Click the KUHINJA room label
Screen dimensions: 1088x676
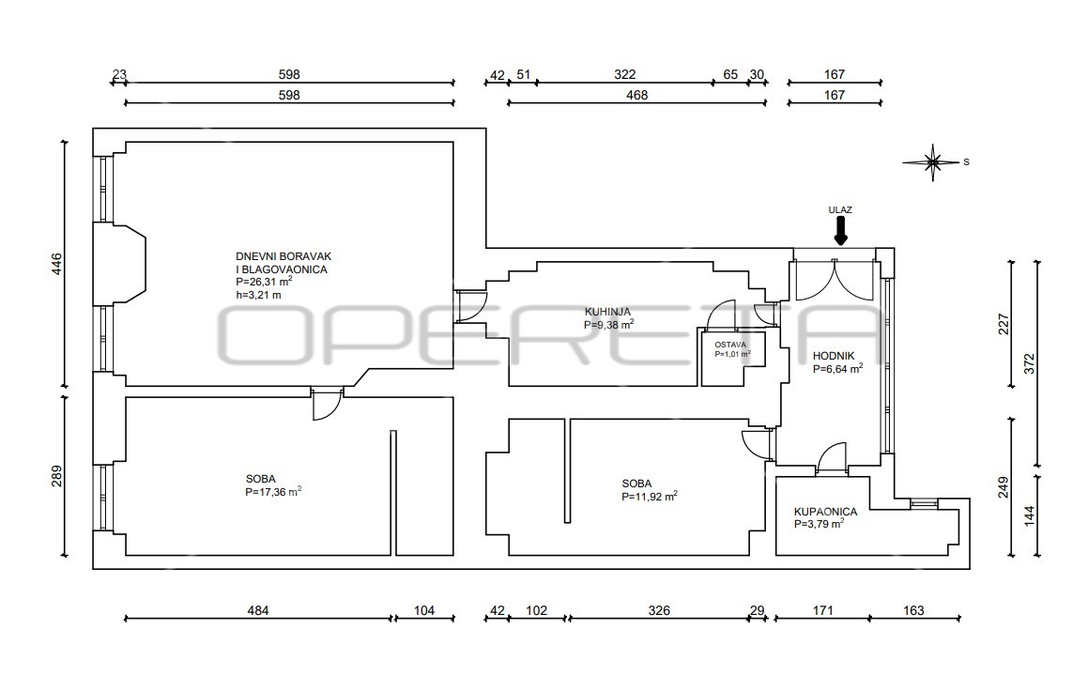(x=607, y=312)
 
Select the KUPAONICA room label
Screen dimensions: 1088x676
(x=825, y=512)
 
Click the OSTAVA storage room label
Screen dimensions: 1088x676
(x=730, y=345)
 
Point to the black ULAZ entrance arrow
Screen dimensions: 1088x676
(x=840, y=230)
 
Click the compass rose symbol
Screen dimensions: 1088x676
(x=932, y=162)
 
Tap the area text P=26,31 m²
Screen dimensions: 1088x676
(x=264, y=282)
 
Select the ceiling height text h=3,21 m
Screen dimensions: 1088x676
(x=258, y=295)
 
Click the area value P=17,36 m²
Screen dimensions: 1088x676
(x=273, y=491)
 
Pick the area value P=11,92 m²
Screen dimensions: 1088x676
(x=650, y=497)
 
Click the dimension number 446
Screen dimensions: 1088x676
(x=56, y=264)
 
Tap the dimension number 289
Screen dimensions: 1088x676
(x=56, y=476)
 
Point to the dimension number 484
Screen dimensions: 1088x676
(x=258, y=611)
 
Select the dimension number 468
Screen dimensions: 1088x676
(x=636, y=95)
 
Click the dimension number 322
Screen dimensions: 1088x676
(x=624, y=74)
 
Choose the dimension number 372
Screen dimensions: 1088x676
(x=1028, y=363)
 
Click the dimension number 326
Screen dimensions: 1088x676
(x=659, y=611)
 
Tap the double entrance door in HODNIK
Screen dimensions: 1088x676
(x=834, y=279)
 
